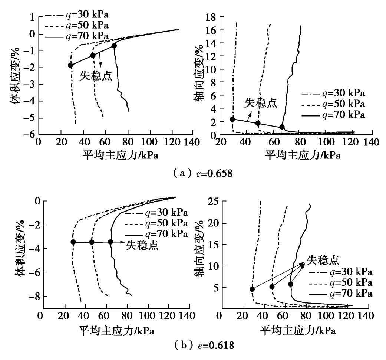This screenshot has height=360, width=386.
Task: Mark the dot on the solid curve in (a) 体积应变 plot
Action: (x=114, y=45)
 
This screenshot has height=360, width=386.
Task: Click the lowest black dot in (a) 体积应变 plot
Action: (x=70, y=65)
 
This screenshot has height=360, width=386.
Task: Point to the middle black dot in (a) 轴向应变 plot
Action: (x=258, y=123)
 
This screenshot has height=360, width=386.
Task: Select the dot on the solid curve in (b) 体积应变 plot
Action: (x=110, y=242)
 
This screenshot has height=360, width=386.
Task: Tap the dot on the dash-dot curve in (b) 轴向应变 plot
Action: (x=252, y=289)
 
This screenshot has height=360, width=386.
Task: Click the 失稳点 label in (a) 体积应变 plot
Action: (x=96, y=76)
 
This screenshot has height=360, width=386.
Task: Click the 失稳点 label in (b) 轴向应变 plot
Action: (x=323, y=260)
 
